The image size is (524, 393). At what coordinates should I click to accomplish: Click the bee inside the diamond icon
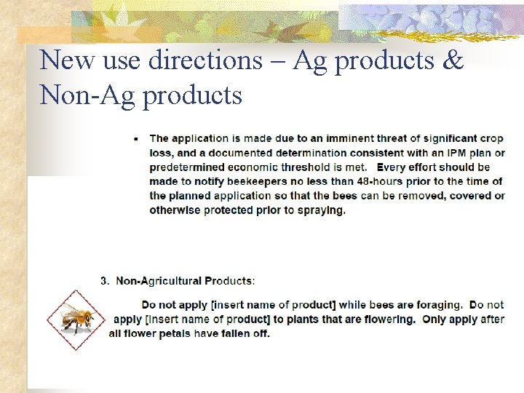(x=76, y=319)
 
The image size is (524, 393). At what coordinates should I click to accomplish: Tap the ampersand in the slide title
(x=452, y=60)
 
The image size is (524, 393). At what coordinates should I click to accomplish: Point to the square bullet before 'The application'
(x=138, y=138)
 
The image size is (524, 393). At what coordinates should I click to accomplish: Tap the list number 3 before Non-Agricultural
(x=104, y=280)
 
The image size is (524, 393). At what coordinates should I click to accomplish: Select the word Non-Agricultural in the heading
(x=159, y=280)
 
